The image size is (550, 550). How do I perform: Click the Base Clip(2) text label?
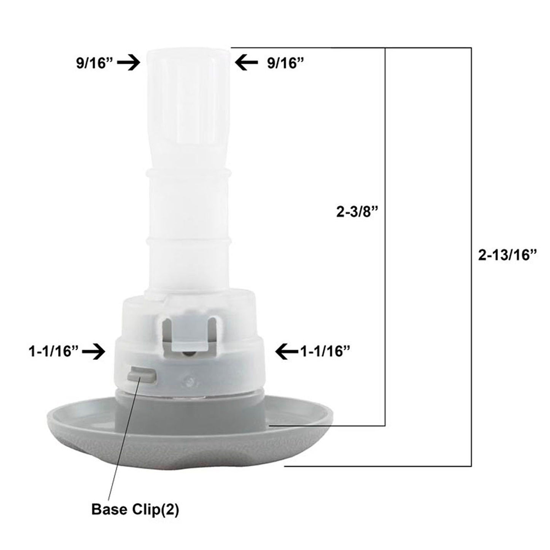(x=135, y=510)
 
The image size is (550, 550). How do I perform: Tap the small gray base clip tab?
(x=142, y=375)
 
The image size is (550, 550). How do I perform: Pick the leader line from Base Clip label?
(x=122, y=438)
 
